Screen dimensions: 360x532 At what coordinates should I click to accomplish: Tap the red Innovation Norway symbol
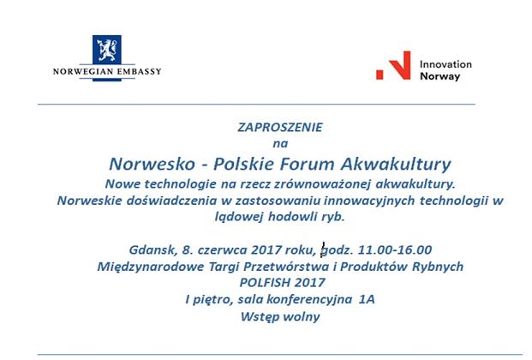pos(394,66)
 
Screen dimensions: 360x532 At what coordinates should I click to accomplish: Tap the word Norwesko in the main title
pos(151,163)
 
